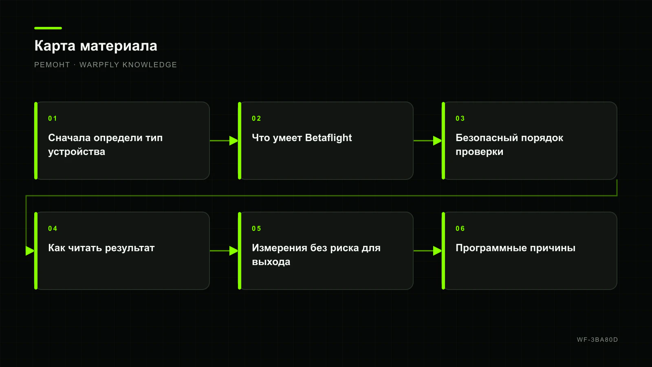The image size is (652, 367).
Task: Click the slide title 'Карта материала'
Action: pos(96,46)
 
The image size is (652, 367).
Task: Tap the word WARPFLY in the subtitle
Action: pos(99,65)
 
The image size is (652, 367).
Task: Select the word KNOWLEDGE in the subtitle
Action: pos(150,65)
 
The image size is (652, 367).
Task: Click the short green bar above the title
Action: pos(48,28)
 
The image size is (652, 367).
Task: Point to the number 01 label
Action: pos(53,119)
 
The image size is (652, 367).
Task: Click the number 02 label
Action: pos(256,119)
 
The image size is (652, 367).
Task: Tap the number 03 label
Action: pos(460,119)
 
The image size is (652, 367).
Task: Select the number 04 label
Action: pos(53,229)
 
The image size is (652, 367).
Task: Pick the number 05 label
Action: pos(256,229)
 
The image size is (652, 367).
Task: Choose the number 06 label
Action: pos(460,229)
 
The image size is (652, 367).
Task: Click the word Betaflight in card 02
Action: pos(328,138)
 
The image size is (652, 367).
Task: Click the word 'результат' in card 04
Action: pos(130,248)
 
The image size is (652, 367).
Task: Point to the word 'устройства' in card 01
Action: pos(77,152)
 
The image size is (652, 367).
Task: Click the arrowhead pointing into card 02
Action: pos(234,141)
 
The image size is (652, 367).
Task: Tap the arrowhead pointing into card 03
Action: pos(438,141)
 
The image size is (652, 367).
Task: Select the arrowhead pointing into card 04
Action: pos(30,251)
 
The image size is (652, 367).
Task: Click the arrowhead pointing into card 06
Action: pos(438,251)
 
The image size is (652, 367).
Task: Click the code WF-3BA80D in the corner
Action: pos(597,340)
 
